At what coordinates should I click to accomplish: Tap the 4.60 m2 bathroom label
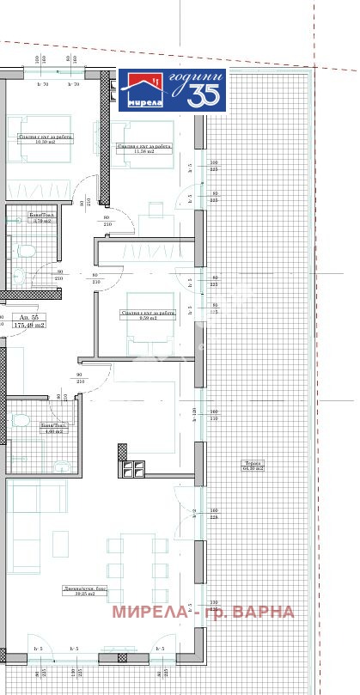53,429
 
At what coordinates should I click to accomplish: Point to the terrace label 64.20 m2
253,468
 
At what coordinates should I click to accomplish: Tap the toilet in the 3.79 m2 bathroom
25,252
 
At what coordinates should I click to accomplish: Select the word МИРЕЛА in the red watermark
146,613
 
